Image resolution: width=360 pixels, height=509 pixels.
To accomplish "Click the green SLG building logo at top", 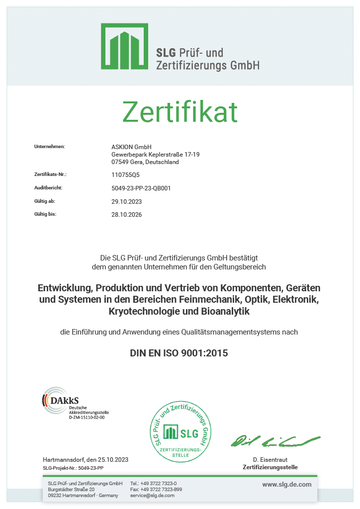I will point(125,46).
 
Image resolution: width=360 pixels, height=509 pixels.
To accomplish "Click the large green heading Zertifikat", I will point(180,112).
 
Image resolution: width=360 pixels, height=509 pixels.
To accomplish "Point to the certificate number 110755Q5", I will point(126,175).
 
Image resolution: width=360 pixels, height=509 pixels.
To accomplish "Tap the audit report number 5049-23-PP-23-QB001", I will point(141,188).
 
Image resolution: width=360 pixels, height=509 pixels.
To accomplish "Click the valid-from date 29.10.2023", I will point(127,202).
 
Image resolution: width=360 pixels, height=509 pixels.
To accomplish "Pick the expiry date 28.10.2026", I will point(127,215).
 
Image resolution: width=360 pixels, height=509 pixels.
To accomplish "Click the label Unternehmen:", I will point(50,147).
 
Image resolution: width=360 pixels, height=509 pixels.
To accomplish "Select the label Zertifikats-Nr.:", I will point(50,174).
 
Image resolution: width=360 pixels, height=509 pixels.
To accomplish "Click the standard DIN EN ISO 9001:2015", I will point(179,353).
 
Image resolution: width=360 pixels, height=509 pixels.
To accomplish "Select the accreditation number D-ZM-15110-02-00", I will point(87,418).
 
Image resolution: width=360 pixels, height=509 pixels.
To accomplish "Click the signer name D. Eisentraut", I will point(270,460).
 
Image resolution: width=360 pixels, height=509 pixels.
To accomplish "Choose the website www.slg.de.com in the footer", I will point(287,484).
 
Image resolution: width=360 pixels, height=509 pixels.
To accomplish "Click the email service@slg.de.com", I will point(152,496).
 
